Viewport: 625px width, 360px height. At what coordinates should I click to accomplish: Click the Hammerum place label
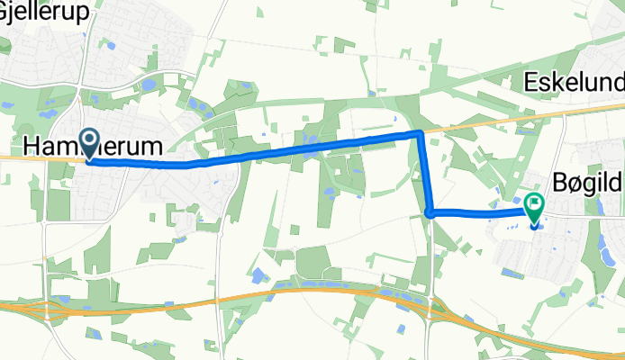click(93, 146)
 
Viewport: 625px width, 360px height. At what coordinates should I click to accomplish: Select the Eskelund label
click(574, 84)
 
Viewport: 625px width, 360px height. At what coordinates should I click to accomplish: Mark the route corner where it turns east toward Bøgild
click(430, 212)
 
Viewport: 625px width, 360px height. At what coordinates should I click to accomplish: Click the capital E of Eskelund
click(531, 84)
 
